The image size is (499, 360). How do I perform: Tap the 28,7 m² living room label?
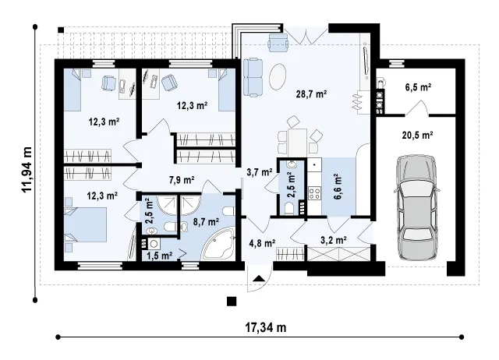tap(312, 94)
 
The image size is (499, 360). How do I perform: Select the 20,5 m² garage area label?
tap(417, 135)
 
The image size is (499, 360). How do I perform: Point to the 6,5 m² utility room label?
tap(418, 87)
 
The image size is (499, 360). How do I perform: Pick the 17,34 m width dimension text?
tap(265, 327)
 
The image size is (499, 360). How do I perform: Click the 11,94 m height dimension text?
tap(27, 170)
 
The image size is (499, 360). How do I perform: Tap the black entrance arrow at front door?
tap(259, 279)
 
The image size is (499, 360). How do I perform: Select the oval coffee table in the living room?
tap(278, 76)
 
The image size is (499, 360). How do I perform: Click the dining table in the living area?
tap(298, 141)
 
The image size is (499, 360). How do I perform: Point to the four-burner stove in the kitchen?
tap(314, 194)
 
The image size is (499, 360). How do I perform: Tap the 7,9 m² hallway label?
tap(182, 180)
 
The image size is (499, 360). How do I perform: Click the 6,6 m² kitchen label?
tap(338, 186)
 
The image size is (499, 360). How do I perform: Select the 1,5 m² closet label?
tap(160, 255)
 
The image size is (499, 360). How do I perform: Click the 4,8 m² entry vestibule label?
tap(262, 243)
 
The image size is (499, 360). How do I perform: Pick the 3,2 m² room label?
tap(334, 240)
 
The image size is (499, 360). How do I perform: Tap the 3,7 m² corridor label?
tap(260, 172)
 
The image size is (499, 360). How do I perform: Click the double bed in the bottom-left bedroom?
tap(85, 224)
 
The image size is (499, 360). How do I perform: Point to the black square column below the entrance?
tap(232, 301)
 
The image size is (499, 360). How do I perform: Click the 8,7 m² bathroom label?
tap(206, 221)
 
